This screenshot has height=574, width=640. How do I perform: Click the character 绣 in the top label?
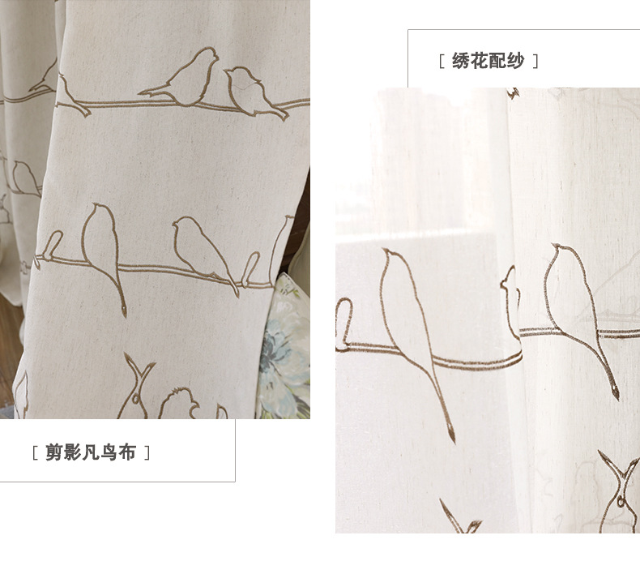point(461,62)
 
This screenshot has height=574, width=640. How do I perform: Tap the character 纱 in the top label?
point(515,62)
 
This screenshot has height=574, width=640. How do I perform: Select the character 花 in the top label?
point(479,62)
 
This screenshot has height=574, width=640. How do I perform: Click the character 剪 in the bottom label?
point(53,453)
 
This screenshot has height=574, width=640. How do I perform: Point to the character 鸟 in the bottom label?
point(109,453)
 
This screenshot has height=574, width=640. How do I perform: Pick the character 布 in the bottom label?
point(127,453)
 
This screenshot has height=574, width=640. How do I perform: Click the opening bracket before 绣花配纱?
point(441,62)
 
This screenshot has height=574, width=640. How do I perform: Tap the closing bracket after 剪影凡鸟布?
point(147,453)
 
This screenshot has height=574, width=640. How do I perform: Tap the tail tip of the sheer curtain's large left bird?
point(451,437)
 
